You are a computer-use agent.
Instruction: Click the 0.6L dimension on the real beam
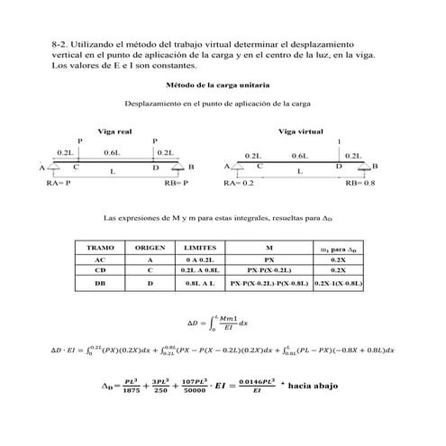(x=114, y=153)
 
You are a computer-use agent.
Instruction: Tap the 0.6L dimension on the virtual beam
(x=299, y=156)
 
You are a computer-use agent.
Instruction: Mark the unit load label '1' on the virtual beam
(x=339, y=141)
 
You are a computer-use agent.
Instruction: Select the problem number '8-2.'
(x=62, y=42)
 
